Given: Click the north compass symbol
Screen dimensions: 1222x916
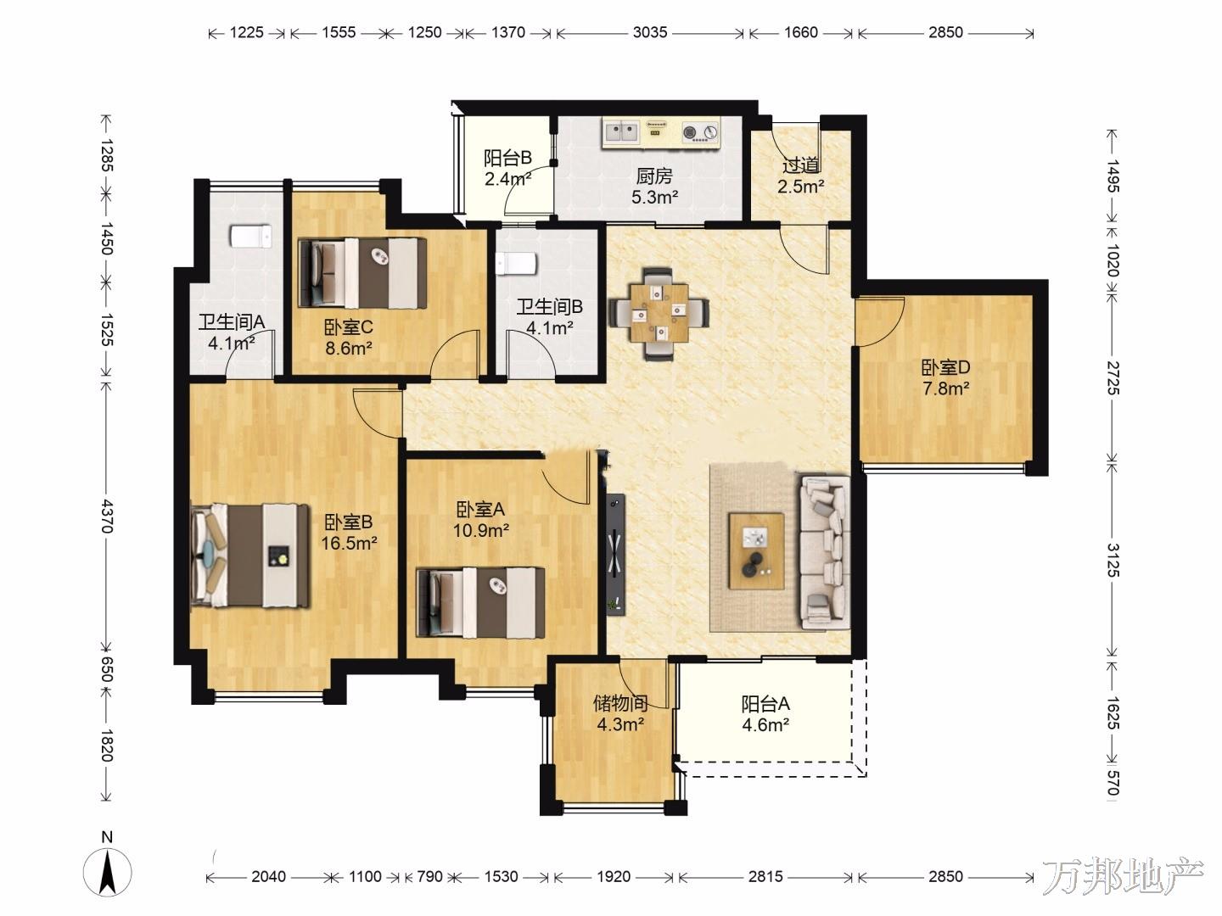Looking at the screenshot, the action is coord(108,871).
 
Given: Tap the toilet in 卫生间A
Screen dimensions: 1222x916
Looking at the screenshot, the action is coord(251,237).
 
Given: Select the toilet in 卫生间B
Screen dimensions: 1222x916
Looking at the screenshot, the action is coord(515,264).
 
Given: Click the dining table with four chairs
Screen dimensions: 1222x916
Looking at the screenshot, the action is coord(659,313).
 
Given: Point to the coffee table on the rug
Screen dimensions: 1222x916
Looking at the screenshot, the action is coord(757,551).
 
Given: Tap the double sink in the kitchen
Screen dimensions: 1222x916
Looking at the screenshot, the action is coord(621,132).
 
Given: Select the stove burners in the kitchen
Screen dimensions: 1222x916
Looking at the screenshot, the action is coord(700,132).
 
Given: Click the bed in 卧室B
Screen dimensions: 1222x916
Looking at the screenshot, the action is coord(250,556).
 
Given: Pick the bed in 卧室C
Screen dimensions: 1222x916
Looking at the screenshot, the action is coord(362,272).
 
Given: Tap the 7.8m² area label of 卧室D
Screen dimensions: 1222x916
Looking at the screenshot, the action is coord(946,388).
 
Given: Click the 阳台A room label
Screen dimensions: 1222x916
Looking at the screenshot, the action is coord(765,704).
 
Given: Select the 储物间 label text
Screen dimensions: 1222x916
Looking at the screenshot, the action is coord(619,704).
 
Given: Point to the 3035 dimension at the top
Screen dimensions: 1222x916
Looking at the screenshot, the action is coord(650,32).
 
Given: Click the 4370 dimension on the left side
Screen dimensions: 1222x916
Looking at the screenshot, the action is coord(107,516).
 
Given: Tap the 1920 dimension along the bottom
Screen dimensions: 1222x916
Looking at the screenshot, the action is coord(614,876).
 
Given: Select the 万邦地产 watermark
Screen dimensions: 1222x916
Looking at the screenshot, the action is coord(1123,878).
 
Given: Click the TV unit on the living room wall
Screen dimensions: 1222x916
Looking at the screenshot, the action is coord(615,554).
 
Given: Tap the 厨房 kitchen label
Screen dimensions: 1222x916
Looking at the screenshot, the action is coord(654,176).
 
